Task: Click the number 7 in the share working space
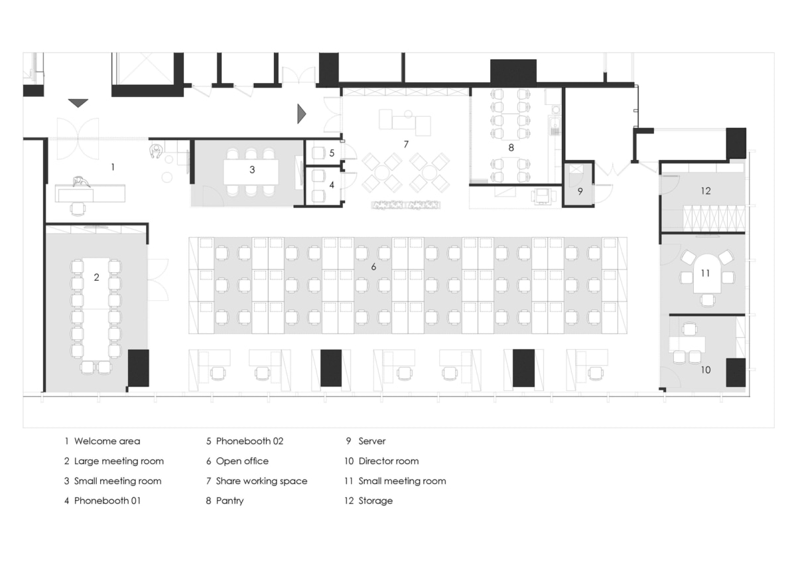click(x=406, y=143)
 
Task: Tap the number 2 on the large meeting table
click(x=96, y=278)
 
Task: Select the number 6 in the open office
click(x=373, y=267)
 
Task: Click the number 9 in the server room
click(x=580, y=191)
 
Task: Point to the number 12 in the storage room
click(x=704, y=191)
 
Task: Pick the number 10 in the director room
click(x=705, y=370)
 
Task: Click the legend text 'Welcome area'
click(x=107, y=441)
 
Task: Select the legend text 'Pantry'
click(x=230, y=501)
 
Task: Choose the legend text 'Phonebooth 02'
click(x=249, y=441)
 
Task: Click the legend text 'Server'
click(x=371, y=441)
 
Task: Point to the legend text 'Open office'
click(x=242, y=461)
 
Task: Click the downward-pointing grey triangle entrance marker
click(x=78, y=102)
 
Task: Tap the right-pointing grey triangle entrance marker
click(x=301, y=114)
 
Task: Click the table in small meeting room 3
click(x=250, y=172)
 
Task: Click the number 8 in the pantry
click(x=511, y=147)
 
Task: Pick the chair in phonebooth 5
click(x=318, y=153)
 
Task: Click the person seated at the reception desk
click(x=82, y=182)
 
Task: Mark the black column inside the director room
click(x=736, y=372)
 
